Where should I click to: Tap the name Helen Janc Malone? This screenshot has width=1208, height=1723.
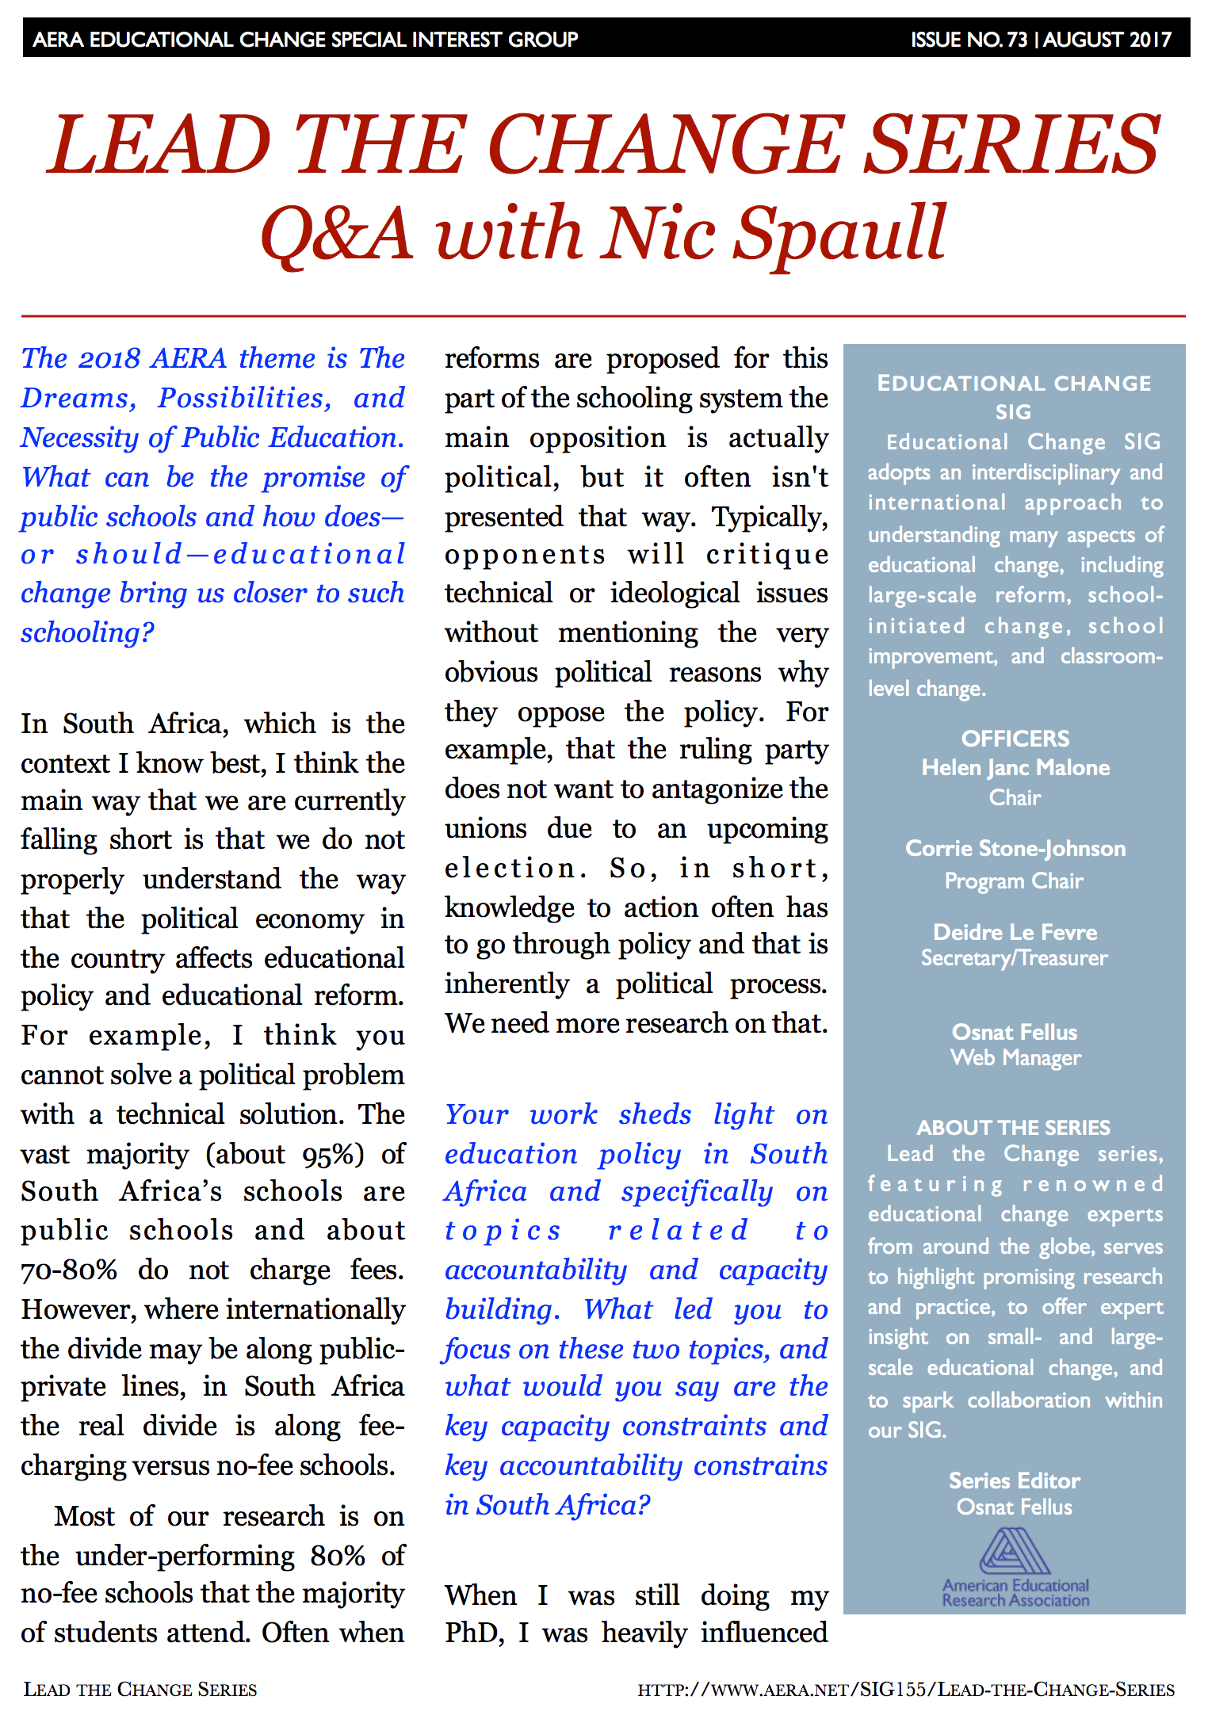1015,768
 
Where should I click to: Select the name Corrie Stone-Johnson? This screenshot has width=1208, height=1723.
1015,849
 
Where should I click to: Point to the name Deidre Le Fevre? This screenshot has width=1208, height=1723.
1015,932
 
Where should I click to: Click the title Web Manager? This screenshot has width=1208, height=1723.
1015,1058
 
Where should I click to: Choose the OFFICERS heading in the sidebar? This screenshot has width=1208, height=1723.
1015,739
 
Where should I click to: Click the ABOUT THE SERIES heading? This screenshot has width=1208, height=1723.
1014,1127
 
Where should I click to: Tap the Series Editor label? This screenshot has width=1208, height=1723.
1015,1480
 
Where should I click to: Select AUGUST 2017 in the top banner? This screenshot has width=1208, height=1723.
1107,40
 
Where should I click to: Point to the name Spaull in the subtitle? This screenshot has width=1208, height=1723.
840,233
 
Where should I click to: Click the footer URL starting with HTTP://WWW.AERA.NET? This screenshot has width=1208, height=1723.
906,1690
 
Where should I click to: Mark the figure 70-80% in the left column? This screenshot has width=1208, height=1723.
69,1270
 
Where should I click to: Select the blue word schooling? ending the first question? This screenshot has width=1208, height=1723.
87,632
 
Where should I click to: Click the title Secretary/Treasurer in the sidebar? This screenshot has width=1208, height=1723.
1015,958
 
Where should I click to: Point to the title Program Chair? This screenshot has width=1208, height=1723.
1014,881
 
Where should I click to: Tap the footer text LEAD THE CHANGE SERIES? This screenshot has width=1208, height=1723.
140,1690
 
